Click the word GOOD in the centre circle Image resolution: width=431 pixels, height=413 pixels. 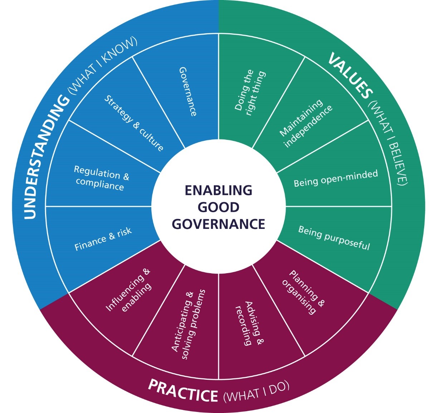tap(218, 207)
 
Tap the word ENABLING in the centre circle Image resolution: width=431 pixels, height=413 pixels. tap(218, 191)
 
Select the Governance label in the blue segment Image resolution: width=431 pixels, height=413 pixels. tap(187, 92)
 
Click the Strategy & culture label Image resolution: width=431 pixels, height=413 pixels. tap(133, 123)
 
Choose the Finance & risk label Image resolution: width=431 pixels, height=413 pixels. tap(103, 239)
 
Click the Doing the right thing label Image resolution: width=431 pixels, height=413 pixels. tap(250, 93)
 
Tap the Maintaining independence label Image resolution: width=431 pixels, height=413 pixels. tap(306, 123)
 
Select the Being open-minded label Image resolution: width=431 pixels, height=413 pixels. tap(336, 178)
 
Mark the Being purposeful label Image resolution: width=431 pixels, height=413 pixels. tap(334, 238)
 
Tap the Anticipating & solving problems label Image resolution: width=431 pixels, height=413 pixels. tap(188, 324)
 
